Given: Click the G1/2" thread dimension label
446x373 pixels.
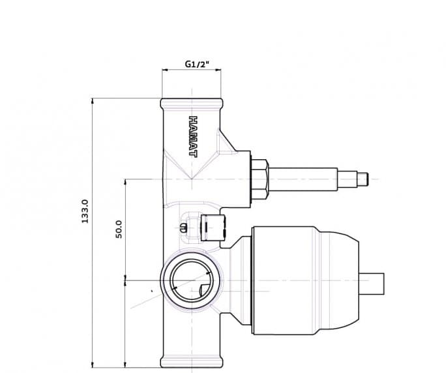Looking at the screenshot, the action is (197, 64).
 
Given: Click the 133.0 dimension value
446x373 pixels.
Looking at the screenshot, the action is (85, 211).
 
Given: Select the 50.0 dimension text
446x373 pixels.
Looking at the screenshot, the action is (119, 230).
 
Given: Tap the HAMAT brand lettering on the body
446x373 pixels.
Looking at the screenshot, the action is (193, 136).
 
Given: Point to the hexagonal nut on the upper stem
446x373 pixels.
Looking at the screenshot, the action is (260, 179).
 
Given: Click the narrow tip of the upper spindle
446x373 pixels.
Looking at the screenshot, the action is (363, 179).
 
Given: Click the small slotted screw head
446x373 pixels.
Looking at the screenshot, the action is (184, 228).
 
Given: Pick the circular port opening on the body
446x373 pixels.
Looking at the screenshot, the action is (192, 280).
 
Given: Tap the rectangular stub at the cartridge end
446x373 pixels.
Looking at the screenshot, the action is (372, 284).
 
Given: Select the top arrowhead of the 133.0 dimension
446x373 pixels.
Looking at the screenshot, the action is (93, 101).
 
